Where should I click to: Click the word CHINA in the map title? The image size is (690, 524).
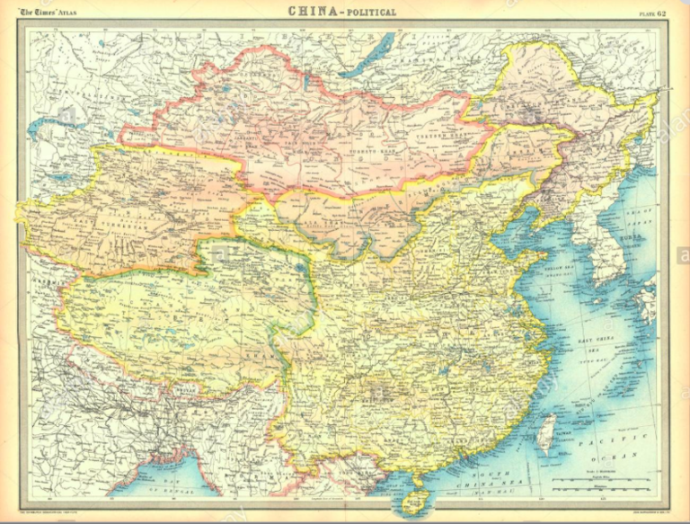click(x=316, y=12)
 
